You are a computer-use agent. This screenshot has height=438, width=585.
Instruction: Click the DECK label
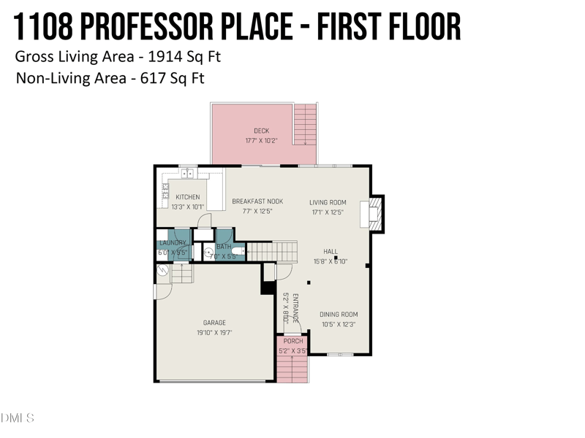click(x=261, y=131)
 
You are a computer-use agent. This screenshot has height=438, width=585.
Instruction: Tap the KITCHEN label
click(x=188, y=197)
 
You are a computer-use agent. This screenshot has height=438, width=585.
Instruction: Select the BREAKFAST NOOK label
click(x=257, y=201)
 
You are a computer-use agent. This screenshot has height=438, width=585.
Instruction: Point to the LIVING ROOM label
click(x=328, y=202)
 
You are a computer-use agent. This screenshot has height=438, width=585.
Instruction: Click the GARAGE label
click(x=214, y=323)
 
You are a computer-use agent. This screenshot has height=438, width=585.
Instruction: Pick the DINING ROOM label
click(x=339, y=315)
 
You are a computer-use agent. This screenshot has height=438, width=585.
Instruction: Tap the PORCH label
click(x=293, y=342)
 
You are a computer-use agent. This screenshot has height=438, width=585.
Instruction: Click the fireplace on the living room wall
click(x=374, y=213)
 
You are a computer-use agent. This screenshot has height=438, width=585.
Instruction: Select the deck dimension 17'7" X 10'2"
click(x=261, y=140)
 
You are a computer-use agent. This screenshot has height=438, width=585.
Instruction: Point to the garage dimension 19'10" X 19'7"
click(x=214, y=332)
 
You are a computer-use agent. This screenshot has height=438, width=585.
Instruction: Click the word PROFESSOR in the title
click(x=157, y=28)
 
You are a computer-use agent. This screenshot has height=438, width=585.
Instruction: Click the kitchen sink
click(x=187, y=174)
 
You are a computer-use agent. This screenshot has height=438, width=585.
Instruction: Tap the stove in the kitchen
click(x=165, y=194)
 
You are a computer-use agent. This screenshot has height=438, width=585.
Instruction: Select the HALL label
click(x=331, y=252)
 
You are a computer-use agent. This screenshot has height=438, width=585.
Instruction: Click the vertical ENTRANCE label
click(x=295, y=308)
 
